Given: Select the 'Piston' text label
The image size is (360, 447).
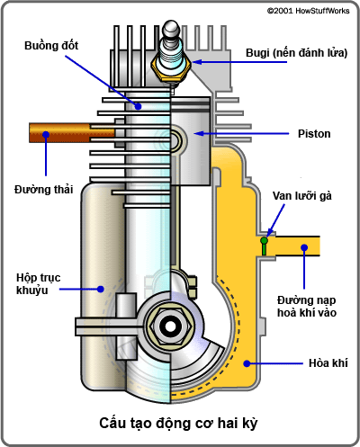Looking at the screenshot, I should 315,134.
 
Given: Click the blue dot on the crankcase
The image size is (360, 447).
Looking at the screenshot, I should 102,289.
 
